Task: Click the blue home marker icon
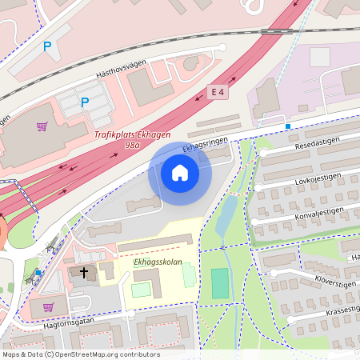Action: coord(180,173)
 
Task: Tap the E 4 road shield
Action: coord(218,92)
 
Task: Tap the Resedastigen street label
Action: coord(318,144)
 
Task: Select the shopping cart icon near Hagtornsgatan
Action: coord(48,306)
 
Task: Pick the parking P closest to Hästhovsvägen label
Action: coord(84,102)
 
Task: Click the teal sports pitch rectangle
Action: coord(219,284)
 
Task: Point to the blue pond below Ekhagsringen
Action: coord(226,214)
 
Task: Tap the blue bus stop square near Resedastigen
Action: coord(287,126)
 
